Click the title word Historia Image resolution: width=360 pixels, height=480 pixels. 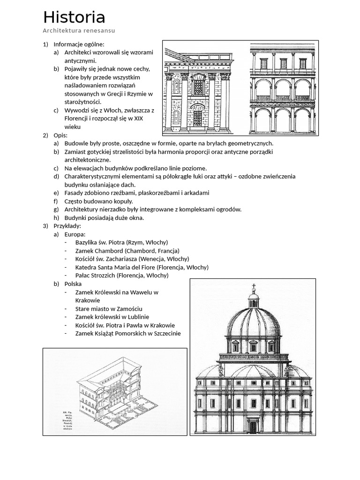coord(74,18)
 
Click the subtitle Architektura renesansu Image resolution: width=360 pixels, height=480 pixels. coord(79,31)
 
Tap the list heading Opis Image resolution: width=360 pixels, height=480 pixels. coord(58,135)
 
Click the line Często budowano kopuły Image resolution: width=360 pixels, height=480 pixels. coord(98,201)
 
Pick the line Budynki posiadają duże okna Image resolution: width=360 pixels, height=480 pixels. coord(104,217)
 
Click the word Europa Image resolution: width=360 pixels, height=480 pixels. coord(75,234)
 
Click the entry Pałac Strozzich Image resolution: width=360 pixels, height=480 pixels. coord(121,275)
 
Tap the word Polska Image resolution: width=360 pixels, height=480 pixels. coord(73,284)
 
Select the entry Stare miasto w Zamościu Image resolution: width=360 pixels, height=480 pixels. coord(108,308)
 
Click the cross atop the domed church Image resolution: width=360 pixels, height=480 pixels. coord(253,286)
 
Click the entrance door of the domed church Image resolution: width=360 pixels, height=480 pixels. coord(253,427)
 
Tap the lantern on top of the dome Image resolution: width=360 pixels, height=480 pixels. coord(253,300)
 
